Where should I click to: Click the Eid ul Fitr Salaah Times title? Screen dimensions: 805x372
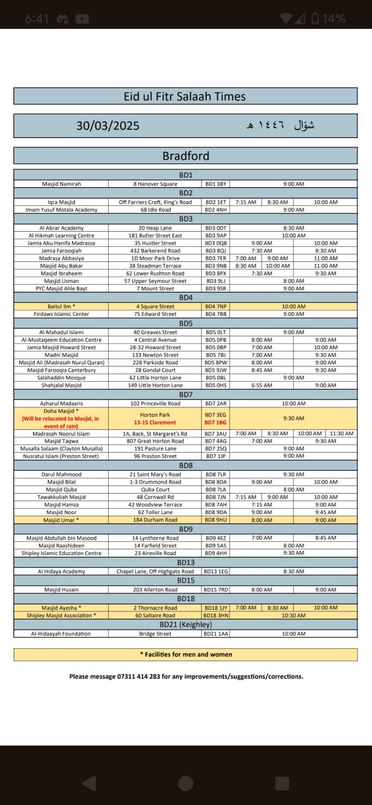(185, 97)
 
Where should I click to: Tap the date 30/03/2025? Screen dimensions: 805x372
(108, 126)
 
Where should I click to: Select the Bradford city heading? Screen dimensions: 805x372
(186, 156)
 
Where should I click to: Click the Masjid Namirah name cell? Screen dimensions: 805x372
(61, 184)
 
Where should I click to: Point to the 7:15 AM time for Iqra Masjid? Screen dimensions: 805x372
(246, 202)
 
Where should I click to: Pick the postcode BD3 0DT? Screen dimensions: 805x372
(216, 228)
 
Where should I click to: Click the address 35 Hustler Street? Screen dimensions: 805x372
(155, 243)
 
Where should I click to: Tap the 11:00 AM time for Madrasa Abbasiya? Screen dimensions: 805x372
(326, 258)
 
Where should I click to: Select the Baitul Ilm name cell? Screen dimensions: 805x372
(61, 307)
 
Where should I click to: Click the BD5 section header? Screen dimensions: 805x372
(186, 324)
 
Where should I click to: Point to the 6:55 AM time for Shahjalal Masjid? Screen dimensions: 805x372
(262, 386)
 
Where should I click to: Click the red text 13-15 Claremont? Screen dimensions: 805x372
(155, 423)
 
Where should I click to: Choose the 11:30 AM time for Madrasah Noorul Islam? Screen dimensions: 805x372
(341, 433)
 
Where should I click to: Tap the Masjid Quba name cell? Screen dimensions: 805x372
(61, 490)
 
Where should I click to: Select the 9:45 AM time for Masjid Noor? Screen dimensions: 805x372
(326, 512)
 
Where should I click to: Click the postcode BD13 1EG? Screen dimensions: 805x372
(216, 572)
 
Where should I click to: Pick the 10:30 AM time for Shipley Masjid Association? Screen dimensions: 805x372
(293, 615)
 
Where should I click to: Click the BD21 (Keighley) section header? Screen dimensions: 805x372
(186, 625)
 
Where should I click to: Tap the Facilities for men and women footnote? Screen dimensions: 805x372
(186, 654)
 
